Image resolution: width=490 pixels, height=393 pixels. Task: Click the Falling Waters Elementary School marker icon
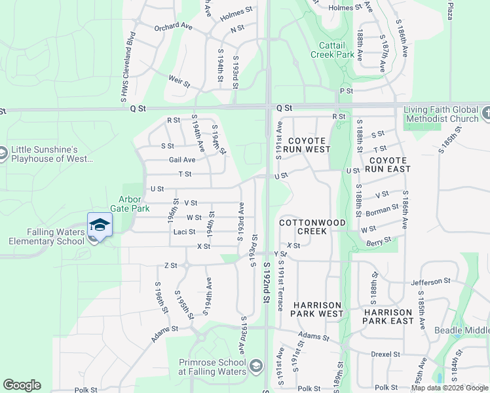click(x=100, y=225)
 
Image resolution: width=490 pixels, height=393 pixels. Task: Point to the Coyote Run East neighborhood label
click(x=389, y=164)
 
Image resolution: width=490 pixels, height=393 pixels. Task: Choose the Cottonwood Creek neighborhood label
click(x=312, y=227)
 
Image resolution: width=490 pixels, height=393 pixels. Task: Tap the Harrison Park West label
click(x=317, y=309)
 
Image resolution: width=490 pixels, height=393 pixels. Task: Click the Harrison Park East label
click(x=388, y=316)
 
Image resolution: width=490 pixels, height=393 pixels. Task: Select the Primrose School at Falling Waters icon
click(x=256, y=365)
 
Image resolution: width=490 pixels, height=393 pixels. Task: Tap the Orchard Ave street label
click(x=173, y=28)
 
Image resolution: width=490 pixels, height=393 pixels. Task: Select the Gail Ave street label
click(x=182, y=160)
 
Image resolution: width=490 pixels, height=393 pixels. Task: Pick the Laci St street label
click(x=185, y=232)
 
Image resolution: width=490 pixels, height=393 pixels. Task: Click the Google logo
click(x=22, y=385)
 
